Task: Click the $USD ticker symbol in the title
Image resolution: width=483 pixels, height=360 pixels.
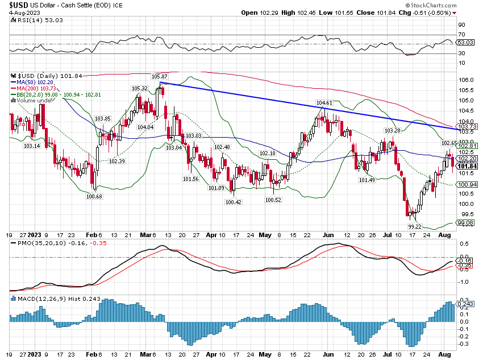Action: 20,5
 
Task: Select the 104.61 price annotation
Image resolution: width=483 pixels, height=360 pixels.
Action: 324,103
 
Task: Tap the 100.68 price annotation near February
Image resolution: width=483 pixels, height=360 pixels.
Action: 94,196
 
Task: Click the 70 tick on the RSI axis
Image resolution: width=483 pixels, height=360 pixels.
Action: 462,35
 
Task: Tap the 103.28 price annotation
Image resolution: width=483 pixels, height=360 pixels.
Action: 393,131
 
